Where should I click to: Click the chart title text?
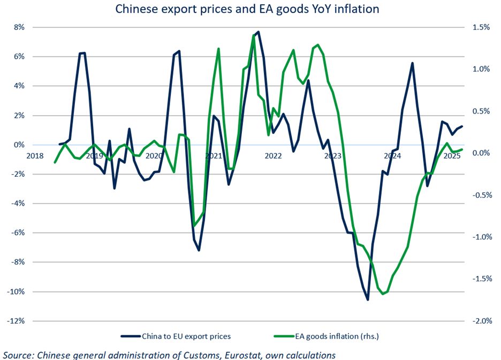coord(250,9)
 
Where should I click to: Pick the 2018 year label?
coord(35,156)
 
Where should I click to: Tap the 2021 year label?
coord(214,156)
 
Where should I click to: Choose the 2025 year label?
coord(452,156)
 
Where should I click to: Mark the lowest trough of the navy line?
coord(368,299)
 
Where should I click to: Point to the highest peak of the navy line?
coord(258,32)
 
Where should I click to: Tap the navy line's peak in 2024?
coord(412,63)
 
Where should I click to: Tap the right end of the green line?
coord(462,149)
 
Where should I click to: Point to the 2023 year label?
coord(332,156)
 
